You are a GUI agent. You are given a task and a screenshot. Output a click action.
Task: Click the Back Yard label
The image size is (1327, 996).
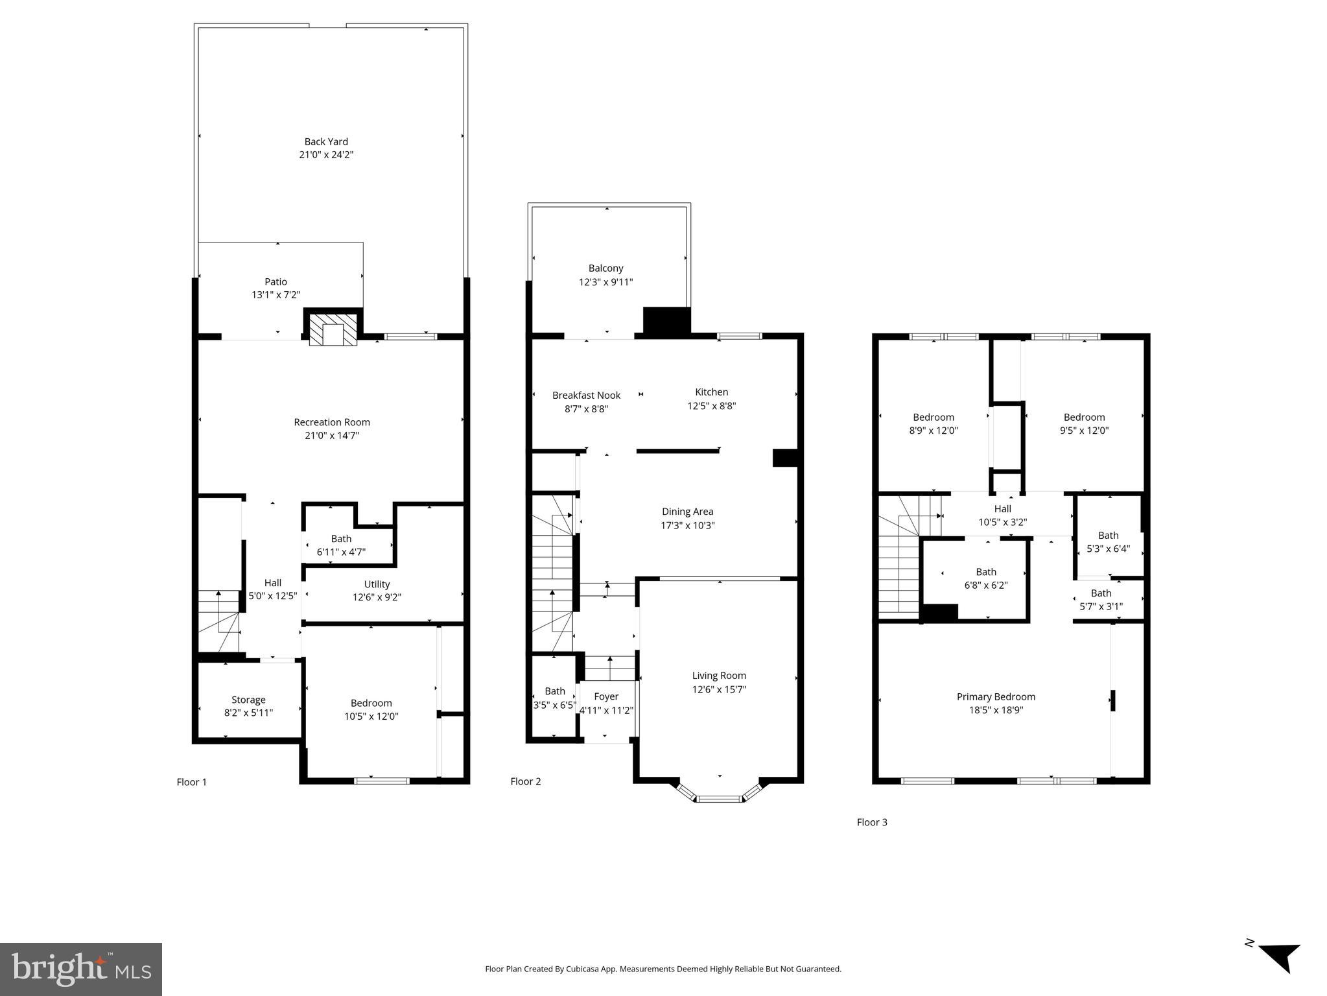click(326, 141)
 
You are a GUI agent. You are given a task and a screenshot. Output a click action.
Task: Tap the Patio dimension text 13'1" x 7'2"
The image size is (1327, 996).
click(276, 295)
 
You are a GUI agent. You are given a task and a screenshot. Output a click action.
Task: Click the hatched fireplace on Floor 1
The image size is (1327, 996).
click(333, 329)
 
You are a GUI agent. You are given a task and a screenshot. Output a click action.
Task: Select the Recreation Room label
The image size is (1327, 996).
click(332, 422)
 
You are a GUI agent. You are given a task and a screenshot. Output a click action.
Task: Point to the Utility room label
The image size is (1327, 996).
click(377, 584)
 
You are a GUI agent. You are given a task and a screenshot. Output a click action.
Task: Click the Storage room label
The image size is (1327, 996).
click(248, 700)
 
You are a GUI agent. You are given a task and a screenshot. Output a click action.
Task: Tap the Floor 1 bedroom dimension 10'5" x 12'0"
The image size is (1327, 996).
click(371, 717)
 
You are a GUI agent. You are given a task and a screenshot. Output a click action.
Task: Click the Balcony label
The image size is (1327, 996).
click(605, 268)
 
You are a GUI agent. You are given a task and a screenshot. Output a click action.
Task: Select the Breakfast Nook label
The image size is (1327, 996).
click(586, 395)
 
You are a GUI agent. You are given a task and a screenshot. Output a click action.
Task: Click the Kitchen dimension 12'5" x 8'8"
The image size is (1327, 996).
click(711, 406)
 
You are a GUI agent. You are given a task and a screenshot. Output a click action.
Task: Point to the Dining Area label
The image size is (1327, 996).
click(687, 512)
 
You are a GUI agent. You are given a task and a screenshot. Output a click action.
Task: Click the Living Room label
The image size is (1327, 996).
click(719, 676)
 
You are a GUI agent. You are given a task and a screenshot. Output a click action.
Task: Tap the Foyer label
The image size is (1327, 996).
click(606, 696)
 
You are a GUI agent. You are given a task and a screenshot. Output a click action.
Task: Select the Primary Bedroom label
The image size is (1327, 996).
click(996, 696)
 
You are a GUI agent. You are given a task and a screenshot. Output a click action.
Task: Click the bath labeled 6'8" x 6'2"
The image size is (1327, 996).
click(985, 578)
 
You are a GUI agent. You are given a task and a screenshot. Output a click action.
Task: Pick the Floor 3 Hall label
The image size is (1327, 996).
click(1002, 509)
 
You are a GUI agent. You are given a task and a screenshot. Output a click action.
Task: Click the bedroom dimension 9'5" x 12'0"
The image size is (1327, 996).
click(1084, 431)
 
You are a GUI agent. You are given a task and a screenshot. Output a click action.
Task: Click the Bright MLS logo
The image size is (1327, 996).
click(80, 969)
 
